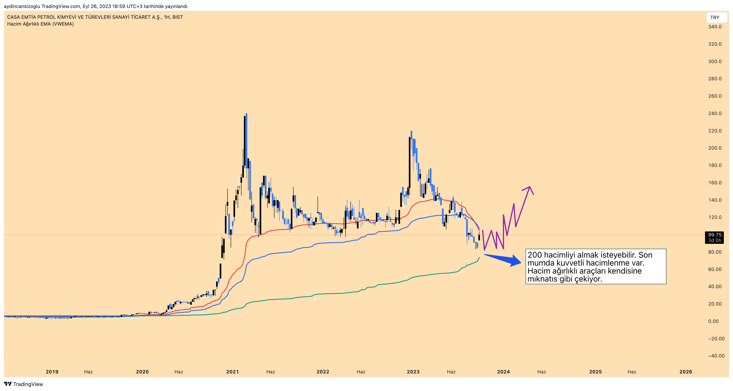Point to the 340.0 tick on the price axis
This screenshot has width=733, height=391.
715,27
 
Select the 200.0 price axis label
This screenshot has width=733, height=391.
715,148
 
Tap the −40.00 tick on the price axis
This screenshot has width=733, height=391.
716,356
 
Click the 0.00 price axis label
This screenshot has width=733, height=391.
713,321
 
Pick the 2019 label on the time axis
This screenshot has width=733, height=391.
52,372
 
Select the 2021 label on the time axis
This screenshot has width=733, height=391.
232,372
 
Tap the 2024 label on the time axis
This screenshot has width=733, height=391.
503,372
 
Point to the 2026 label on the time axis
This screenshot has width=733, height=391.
686,372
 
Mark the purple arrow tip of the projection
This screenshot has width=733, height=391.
529,187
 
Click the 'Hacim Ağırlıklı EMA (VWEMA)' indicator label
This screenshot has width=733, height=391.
40,24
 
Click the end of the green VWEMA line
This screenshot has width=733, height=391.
479,258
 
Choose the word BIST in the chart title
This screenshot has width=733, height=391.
178,17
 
